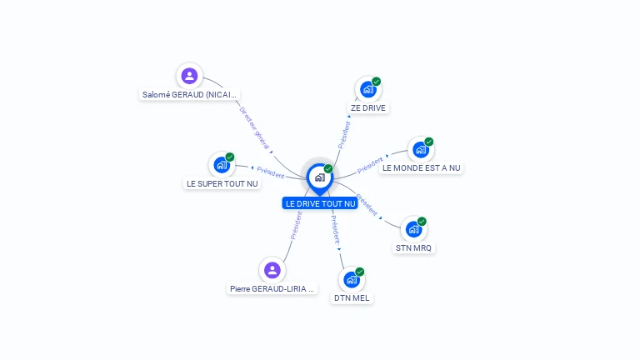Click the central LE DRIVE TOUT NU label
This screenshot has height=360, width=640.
click(x=320, y=203)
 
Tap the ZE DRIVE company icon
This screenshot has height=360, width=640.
click(x=367, y=88)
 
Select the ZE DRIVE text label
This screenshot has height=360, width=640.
click(x=368, y=107)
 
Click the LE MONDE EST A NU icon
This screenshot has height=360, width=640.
click(x=420, y=149)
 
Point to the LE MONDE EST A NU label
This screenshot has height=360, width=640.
click(x=421, y=167)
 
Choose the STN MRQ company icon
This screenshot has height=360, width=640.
click(x=413, y=229)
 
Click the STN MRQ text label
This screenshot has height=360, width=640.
click(x=414, y=247)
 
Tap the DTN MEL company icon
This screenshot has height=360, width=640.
click(x=352, y=279)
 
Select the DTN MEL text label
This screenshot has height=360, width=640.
click(x=352, y=297)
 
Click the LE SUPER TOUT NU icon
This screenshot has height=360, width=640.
click(x=221, y=164)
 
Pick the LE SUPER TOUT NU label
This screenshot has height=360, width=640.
click(x=222, y=183)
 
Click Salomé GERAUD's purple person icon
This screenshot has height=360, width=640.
click(x=190, y=76)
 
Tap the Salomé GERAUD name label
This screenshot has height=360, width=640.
click(x=190, y=95)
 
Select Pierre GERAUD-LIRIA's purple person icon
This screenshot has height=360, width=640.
click(x=272, y=270)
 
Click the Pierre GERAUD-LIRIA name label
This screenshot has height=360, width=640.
click(x=273, y=289)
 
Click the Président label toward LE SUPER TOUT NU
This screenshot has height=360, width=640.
click(x=270, y=171)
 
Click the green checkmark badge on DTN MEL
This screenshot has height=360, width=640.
click(x=360, y=272)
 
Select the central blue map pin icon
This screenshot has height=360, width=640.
click(x=319, y=177)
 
